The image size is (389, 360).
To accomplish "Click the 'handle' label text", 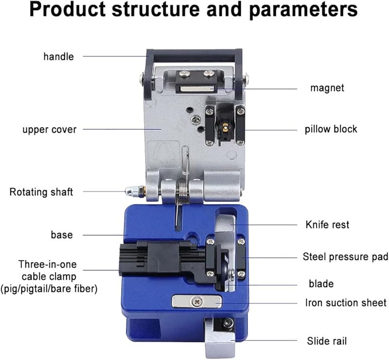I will click(58, 56).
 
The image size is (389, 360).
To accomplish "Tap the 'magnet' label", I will click(327, 88).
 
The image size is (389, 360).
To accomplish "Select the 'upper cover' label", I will click(49, 130).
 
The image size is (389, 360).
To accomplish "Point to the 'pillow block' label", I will click(331, 129).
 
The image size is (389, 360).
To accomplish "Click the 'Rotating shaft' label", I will click(41, 192).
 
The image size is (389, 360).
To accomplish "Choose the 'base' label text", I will click(62, 235).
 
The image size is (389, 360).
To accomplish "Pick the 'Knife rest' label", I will click(327, 225).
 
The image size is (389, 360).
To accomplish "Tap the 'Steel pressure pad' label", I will click(345, 256).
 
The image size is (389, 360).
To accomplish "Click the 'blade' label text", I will click(321, 283).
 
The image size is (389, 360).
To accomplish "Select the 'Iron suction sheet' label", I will click(346, 303).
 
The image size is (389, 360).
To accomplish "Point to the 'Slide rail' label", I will click(327, 341).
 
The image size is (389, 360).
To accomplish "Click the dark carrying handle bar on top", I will click(194, 53).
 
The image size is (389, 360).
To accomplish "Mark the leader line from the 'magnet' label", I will click(258, 88).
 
